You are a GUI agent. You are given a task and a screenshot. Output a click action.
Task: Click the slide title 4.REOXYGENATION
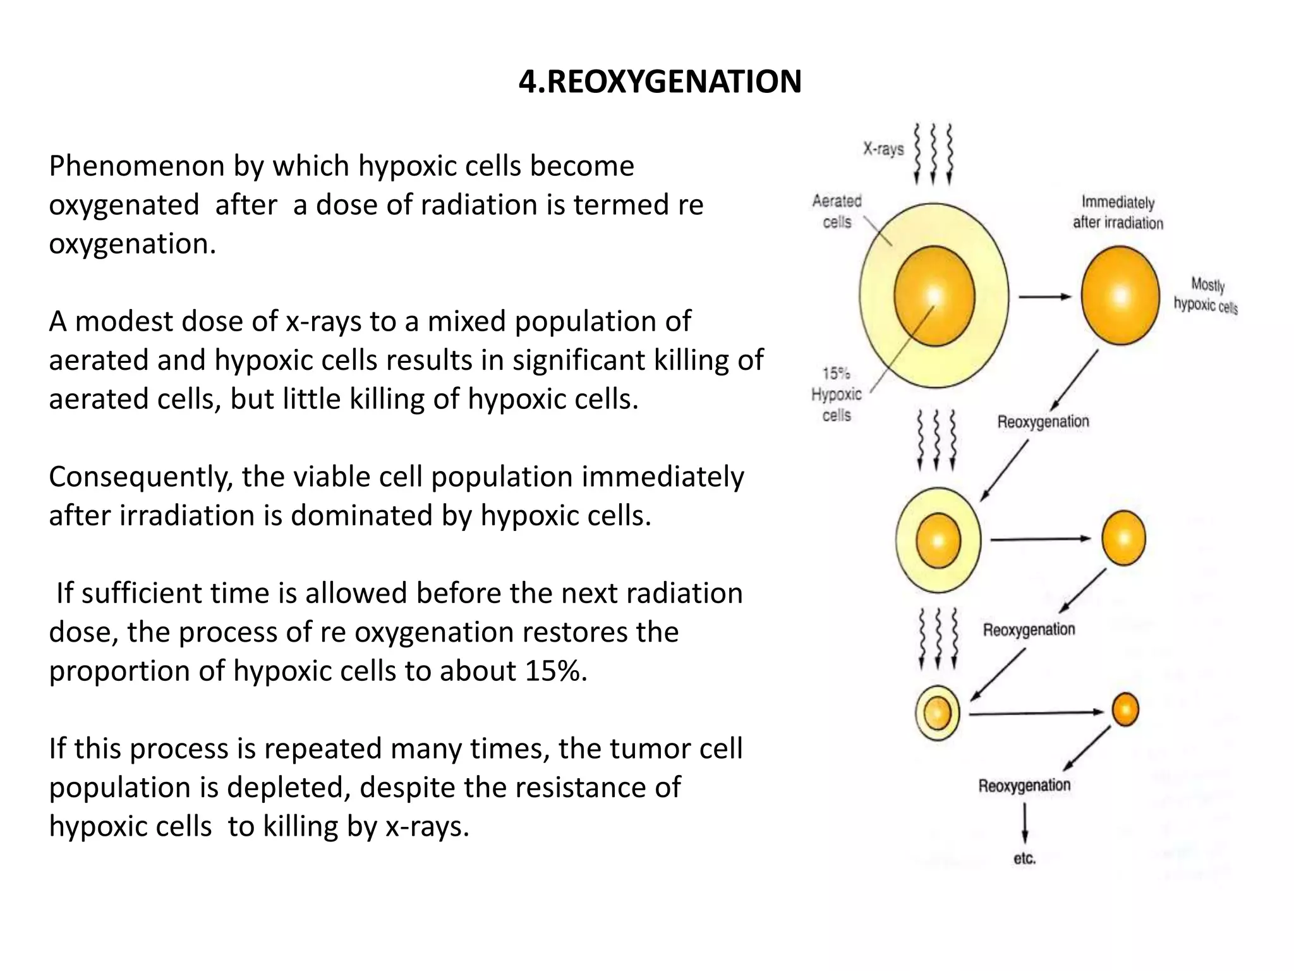[660, 82]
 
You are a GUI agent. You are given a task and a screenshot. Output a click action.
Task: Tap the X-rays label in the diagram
[883, 149]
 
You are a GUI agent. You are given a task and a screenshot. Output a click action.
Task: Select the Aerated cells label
[837, 211]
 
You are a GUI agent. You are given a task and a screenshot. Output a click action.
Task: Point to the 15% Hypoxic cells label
[837, 394]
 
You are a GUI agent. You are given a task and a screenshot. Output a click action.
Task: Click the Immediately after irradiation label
[1118, 212]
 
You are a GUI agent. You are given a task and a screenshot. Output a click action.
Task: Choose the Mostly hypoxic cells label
[1205, 295]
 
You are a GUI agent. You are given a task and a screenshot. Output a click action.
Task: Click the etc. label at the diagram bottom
[1024, 858]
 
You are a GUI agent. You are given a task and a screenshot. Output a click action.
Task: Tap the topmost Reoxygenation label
[1043, 422]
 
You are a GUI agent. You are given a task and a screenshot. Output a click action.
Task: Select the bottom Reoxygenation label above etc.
[1024, 786]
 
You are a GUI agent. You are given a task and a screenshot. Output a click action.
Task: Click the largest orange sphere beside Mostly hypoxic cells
[1120, 295]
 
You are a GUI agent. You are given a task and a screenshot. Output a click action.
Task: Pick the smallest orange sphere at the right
[1125, 709]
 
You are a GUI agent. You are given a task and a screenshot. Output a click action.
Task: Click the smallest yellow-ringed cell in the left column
[938, 713]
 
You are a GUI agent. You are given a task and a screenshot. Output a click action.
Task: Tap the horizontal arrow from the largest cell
[1045, 296]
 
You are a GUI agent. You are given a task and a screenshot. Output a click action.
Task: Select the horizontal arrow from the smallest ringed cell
[1036, 713]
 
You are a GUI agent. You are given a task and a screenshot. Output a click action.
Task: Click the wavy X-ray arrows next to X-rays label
[933, 153]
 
